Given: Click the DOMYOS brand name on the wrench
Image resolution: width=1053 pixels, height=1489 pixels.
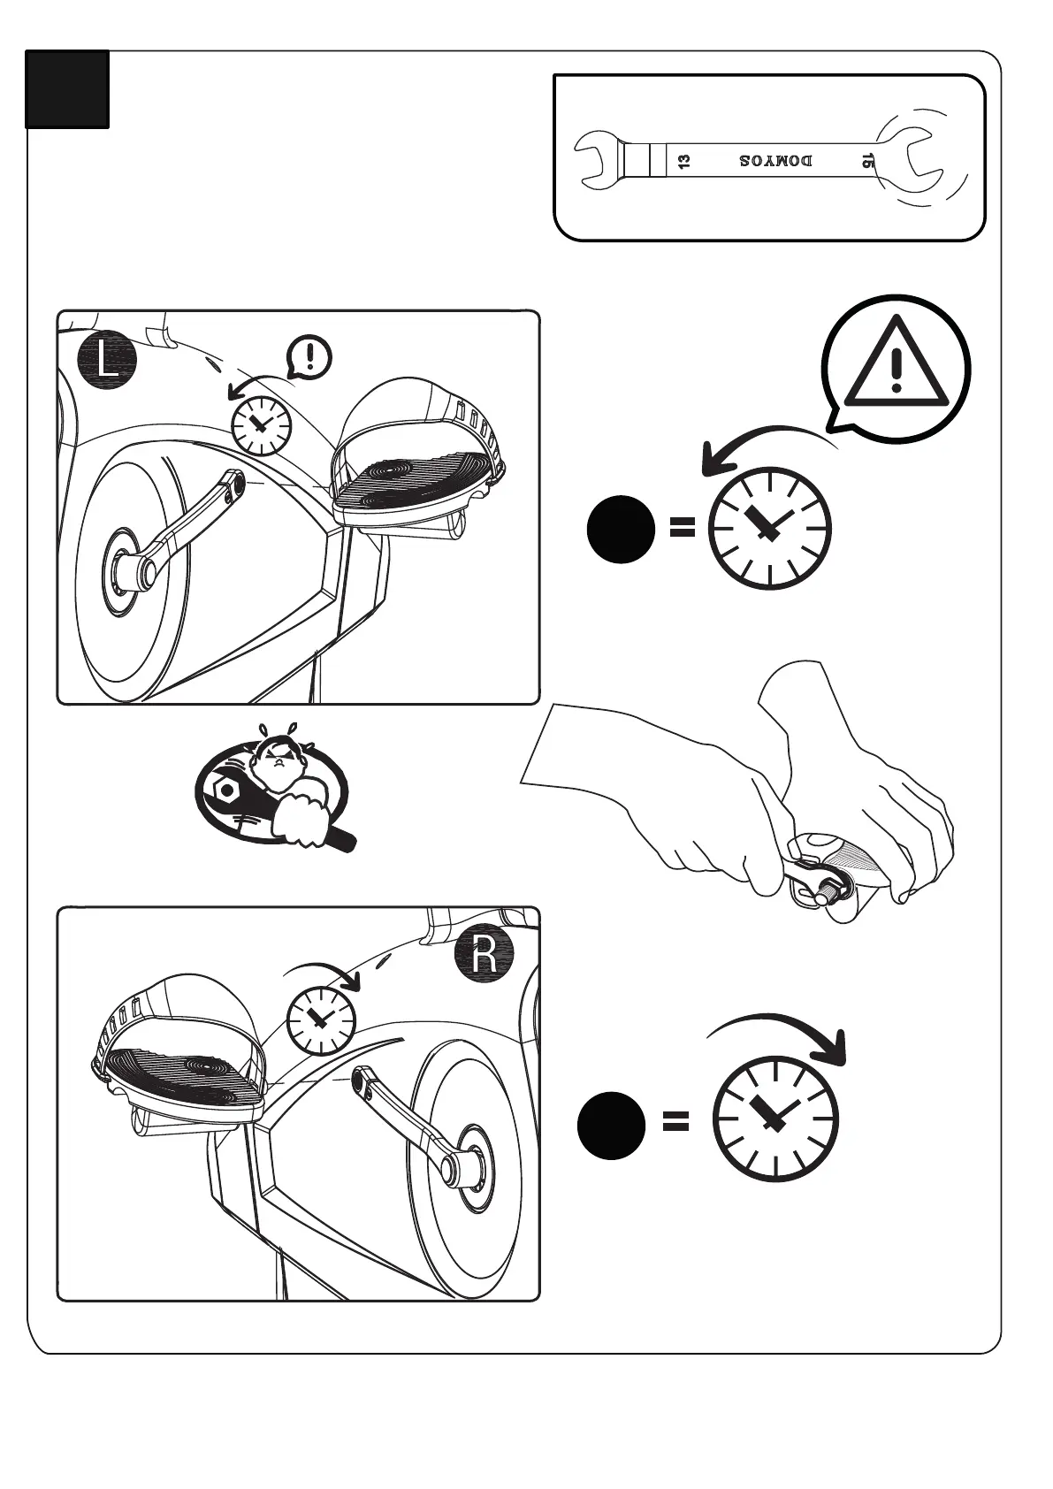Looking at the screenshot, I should pos(775,162).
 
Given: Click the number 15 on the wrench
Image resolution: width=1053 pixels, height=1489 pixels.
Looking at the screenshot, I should pos(867,161).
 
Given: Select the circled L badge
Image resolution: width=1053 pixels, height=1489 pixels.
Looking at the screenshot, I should pos(107,361).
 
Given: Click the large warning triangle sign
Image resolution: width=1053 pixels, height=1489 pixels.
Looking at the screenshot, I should pos(896,365).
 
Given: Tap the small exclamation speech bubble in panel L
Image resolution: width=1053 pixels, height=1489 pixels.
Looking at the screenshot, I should pos(309,357).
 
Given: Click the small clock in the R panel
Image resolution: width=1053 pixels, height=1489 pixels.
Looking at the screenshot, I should pos(320,1020).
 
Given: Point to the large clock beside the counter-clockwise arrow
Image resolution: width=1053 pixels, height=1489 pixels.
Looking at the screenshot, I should pos(770,528).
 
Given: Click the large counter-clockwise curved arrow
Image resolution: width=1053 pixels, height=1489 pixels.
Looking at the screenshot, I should pos(760,447).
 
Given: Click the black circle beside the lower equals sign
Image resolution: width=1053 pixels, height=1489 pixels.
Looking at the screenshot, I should pos(611,1125).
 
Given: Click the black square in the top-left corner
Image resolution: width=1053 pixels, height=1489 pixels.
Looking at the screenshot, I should pos(67,89).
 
